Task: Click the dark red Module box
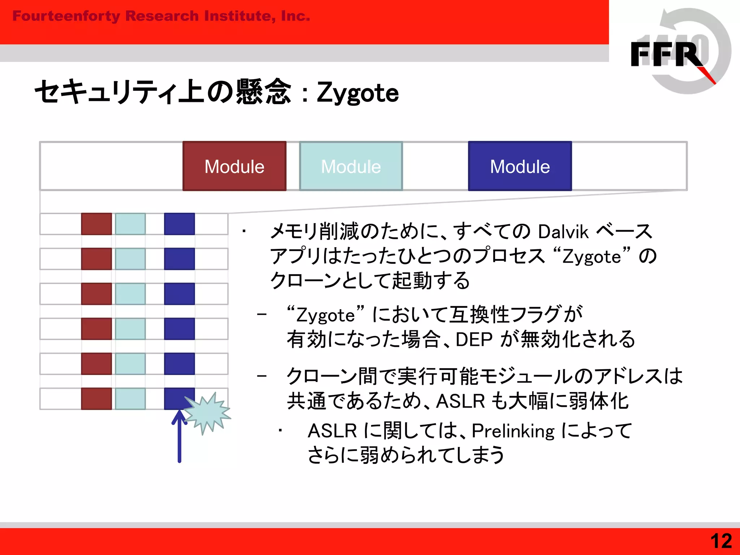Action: tap(234, 166)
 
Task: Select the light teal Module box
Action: tap(351, 166)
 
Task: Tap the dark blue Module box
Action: tap(520, 166)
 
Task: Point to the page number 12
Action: tap(721, 541)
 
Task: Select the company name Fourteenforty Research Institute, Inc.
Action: tap(161, 16)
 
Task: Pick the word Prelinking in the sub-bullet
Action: tap(513, 431)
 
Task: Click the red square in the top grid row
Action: tap(96, 224)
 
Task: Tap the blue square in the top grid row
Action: tap(179, 224)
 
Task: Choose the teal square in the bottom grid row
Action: tap(130, 399)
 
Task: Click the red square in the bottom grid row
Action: tap(96, 399)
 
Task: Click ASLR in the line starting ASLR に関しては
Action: tap(332, 431)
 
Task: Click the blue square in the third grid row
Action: tap(179, 294)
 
